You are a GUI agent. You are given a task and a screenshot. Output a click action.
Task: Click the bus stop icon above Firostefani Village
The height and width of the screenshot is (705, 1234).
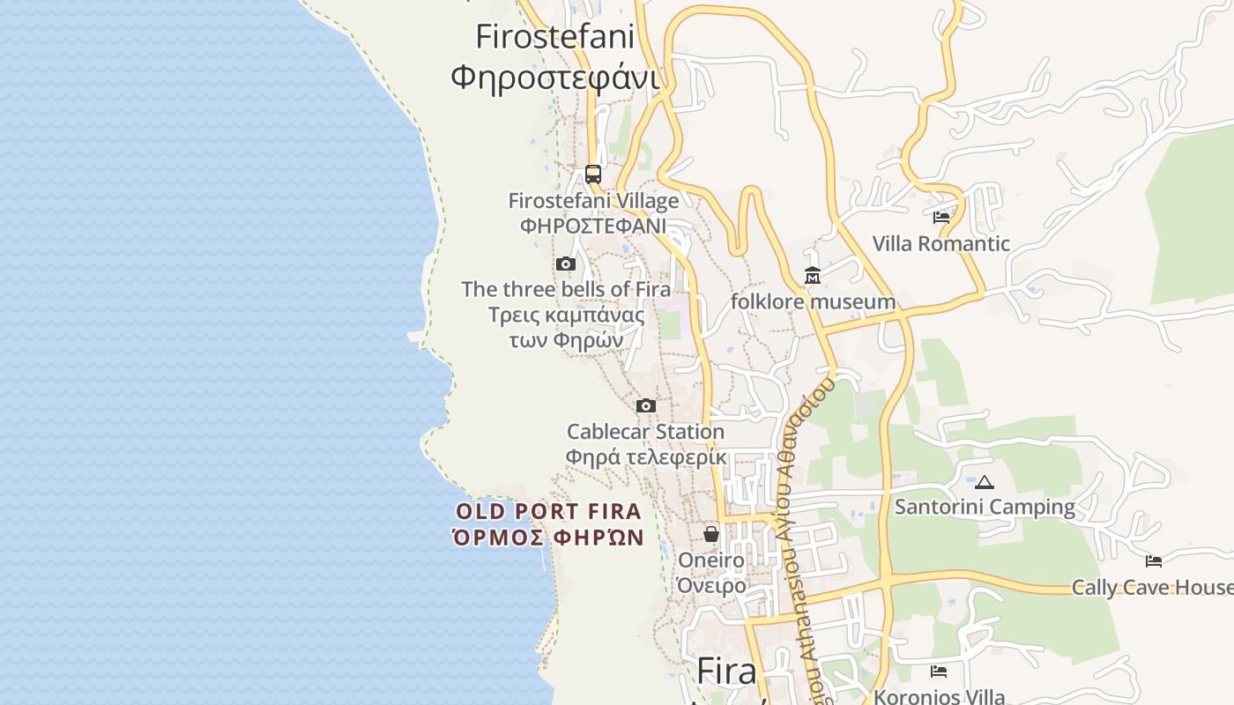pyautogui.click(x=593, y=174)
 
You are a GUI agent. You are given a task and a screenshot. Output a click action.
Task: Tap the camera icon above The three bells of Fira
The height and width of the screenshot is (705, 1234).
pyautogui.click(x=566, y=263)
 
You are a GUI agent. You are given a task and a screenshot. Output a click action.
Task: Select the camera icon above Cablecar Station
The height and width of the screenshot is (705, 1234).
pyautogui.click(x=646, y=405)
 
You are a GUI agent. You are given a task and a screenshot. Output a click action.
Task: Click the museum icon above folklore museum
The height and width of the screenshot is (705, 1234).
pyautogui.click(x=813, y=277)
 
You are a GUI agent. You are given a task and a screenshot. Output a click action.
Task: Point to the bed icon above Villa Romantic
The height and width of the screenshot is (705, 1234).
pyautogui.click(x=941, y=217)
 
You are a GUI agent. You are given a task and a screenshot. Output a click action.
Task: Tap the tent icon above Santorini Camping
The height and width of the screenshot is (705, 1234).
pyautogui.click(x=985, y=482)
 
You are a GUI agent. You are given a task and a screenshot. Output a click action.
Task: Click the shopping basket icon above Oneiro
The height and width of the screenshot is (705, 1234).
pyautogui.click(x=711, y=534)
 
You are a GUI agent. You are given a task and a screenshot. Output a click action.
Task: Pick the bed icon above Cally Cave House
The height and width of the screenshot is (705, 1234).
pyautogui.click(x=1153, y=561)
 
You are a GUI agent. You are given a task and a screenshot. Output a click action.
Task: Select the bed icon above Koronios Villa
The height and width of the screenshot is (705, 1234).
pyautogui.click(x=939, y=672)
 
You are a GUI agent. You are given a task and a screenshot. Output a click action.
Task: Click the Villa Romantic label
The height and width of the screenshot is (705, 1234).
pyautogui.click(x=941, y=243)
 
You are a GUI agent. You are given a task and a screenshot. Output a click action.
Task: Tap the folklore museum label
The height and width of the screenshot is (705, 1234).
pyautogui.click(x=813, y=302)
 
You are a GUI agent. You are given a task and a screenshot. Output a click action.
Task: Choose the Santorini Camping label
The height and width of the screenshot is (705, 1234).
pyautogui.click(x=985, y=507)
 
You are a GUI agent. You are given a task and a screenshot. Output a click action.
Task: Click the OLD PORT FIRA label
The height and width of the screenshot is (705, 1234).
pyautogui.click(x=548, y=511)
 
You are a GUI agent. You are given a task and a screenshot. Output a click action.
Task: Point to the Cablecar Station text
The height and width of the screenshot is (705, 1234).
pyautogui.click(x=645, y=432)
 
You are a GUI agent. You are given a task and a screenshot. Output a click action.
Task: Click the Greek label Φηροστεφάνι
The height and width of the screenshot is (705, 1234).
pyautogui.click(x=555, y=77)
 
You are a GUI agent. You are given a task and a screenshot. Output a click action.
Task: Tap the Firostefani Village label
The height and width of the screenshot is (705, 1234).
pyautogui.click(x=593, y=201)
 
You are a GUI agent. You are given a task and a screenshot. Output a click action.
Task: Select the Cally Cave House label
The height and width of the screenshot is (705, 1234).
pyautogui.click(x=1151, y=587)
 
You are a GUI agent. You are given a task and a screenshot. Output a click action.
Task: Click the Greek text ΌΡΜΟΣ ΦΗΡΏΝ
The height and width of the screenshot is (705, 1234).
pyautogui.click(x=548, y=537)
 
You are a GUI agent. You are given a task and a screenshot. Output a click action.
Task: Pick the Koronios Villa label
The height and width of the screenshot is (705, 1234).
pyautogui.click(x=939, y=696)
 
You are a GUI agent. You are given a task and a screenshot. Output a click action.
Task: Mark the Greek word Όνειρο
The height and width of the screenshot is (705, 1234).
pyautogui.click(x=711, y=585)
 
